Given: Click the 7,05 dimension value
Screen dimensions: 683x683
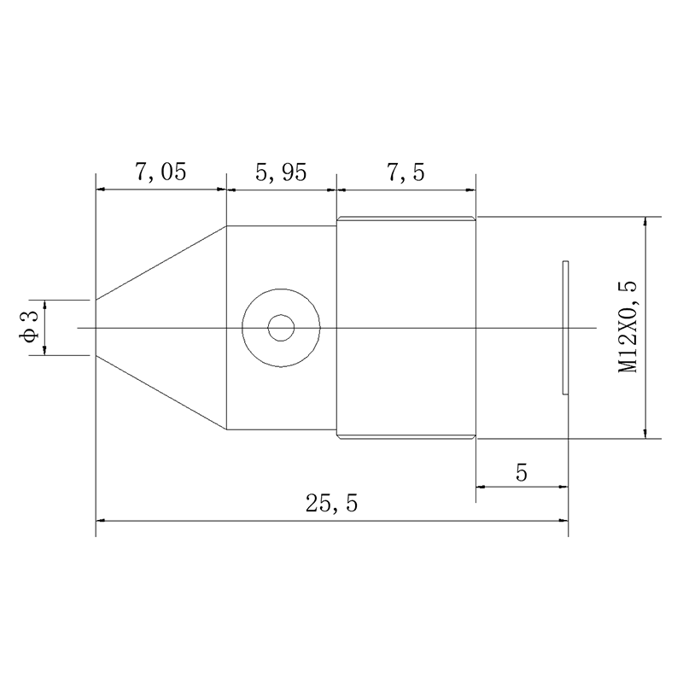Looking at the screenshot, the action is click(161, 172).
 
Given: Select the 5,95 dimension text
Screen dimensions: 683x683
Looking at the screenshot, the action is click(281, 172).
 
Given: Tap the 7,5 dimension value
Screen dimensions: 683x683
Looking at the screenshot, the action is click(406, 172).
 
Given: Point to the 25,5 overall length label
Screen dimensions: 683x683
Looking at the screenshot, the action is click(331, 503).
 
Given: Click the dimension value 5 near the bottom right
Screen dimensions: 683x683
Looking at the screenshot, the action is click(522, 472).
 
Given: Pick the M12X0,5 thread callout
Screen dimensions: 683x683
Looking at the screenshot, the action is click(628, 327).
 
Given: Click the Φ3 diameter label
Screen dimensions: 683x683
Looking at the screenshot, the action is click(30, 327).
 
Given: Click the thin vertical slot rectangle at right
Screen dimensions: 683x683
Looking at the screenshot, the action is click(565, 328).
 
